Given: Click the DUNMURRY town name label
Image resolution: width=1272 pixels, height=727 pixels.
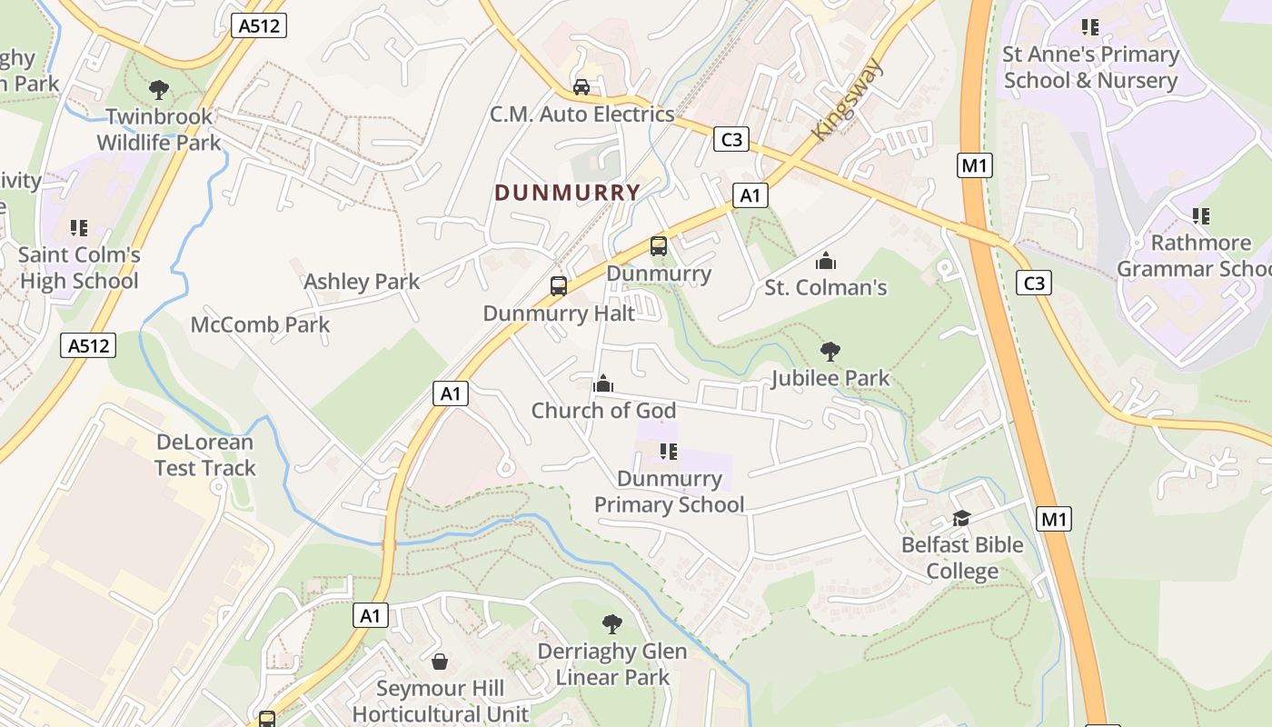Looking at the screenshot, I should click(x=568, y=193).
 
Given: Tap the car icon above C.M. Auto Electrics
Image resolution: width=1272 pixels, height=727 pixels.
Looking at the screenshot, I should click(x=581, y=87).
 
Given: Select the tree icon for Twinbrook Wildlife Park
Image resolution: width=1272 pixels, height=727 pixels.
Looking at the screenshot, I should click(x=159, y=90).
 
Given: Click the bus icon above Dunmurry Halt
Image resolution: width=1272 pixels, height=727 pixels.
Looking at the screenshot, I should click(x=559, y=286).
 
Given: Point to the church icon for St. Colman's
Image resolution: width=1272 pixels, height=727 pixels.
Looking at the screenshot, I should click(x=826, y=261).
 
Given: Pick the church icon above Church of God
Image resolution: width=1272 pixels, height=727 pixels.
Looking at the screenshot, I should click(x=602, y=383).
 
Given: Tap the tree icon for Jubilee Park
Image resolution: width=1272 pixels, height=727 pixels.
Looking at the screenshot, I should click(x=830, y=352).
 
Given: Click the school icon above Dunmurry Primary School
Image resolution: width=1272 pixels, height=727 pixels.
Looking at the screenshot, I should click(x=669, y=452).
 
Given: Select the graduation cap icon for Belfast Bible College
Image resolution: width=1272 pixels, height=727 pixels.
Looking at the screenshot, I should click(x=961, y=518).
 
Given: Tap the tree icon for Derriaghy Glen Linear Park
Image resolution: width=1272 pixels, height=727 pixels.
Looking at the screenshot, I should click(x=612, y=624).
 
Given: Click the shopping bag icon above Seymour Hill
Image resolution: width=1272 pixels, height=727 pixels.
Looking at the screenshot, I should click(x=440, y=662).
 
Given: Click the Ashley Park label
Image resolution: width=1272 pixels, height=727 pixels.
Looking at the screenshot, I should click(x=362, y=282).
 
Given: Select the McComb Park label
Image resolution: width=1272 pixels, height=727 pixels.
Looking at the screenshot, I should click(x=260, y=324).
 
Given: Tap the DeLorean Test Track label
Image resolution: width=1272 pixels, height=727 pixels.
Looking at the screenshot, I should click(x=205, y=455).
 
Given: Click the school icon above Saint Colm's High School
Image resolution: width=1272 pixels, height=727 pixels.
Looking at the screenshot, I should click(x=79, y=227).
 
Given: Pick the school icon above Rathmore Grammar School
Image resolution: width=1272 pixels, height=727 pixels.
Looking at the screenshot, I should click(x=1201, y=216).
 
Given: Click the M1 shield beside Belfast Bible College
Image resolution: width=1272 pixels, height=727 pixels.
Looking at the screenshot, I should click(x=1053, y=520).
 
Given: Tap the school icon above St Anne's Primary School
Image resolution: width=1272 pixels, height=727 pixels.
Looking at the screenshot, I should click(x=1089, y=27).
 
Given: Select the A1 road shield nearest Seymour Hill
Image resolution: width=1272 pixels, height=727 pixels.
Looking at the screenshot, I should click(x=371, y=615).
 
